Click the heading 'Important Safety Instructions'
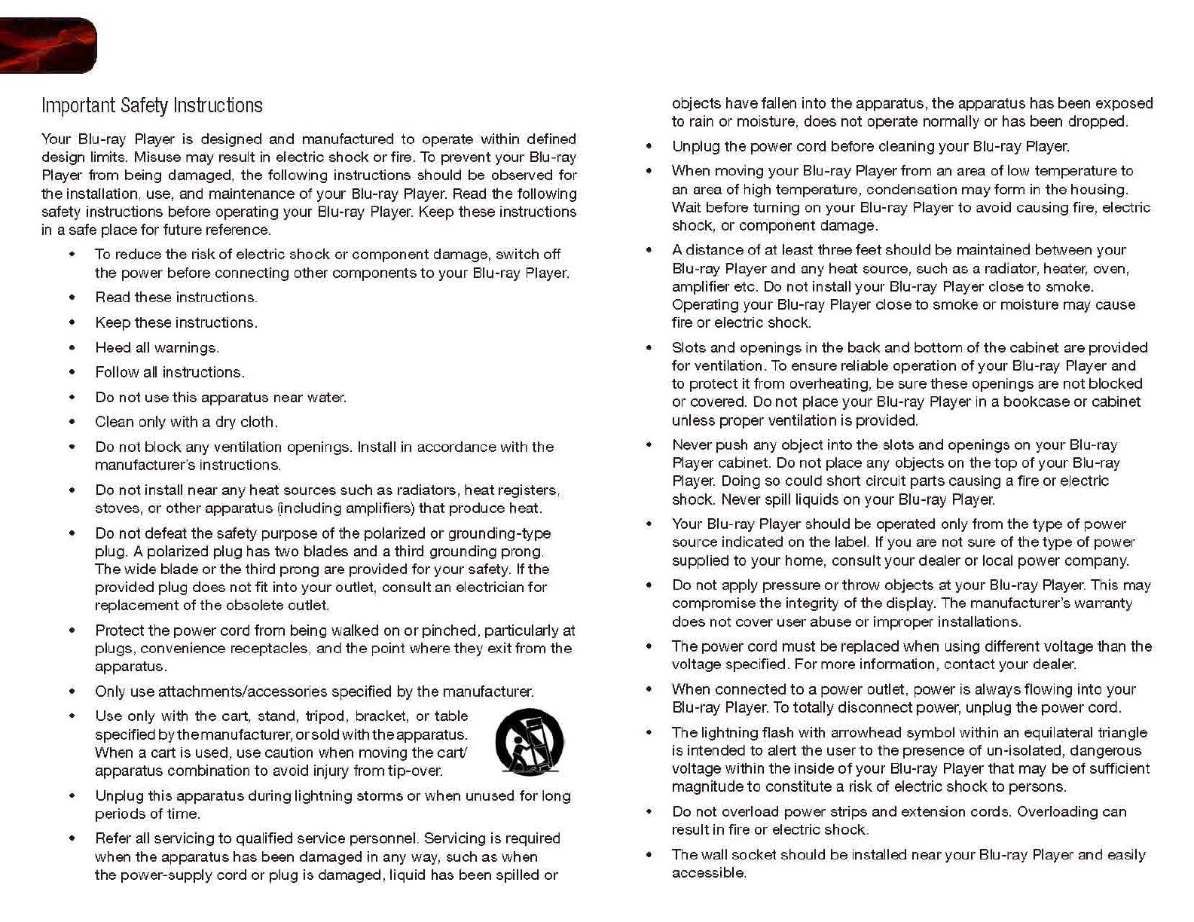152,105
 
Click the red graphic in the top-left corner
47,46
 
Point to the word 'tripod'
326,716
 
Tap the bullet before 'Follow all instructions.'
72,373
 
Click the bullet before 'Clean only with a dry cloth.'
72,423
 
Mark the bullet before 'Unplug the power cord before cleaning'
649,147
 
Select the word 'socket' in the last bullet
755,855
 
